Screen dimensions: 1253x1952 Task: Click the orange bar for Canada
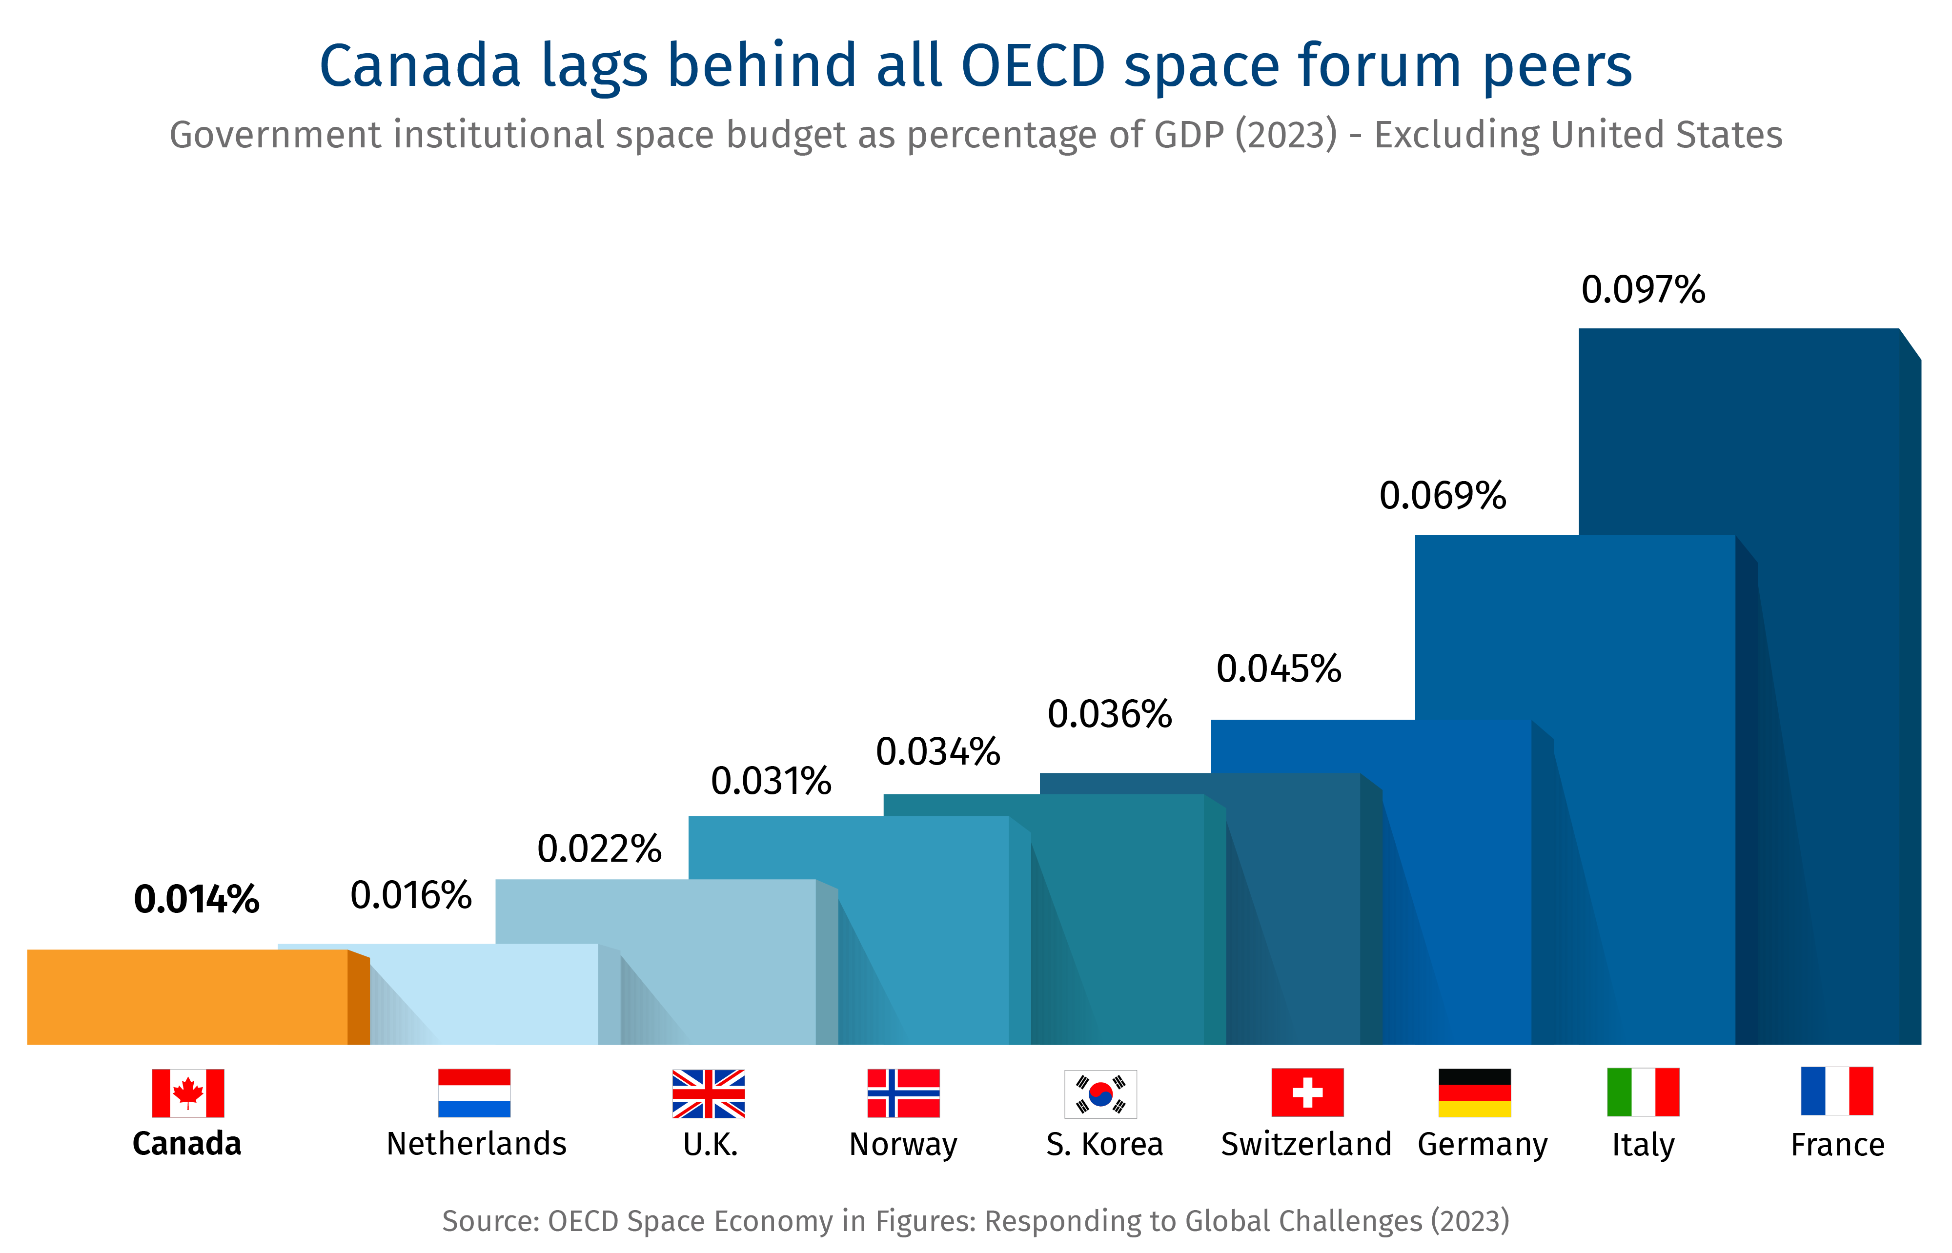(187, 997)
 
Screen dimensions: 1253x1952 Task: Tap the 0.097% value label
(1642, 290)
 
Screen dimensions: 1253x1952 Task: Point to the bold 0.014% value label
(196, 900)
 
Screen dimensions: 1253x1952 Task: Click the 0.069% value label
(1442, 496)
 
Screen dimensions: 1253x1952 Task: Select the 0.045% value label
(1278, 669)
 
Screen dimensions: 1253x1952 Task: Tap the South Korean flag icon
(1100, 1093)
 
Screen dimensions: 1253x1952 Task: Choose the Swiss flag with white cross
(1307, 1092)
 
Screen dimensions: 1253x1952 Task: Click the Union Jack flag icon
(708, 1093)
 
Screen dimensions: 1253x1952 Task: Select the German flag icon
(1474, 1092)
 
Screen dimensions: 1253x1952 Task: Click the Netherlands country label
(476, 1144)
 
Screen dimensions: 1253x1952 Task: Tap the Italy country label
(1643, 1145)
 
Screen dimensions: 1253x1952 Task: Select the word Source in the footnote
(490, 1221)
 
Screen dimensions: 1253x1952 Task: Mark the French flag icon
(1836, 1091)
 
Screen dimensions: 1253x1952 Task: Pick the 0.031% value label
(771, 782)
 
